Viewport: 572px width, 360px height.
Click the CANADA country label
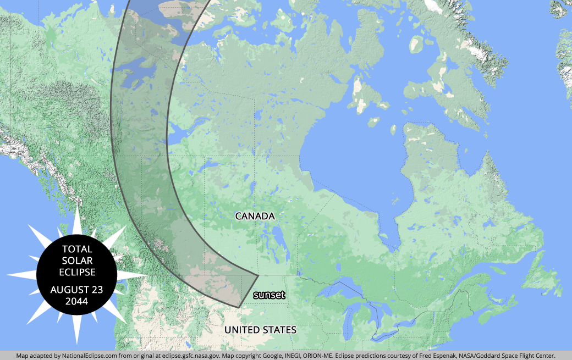[x=255, y=216]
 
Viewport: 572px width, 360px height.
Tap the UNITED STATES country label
[x=260, y=330]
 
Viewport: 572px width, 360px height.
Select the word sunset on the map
[x=269, y=295]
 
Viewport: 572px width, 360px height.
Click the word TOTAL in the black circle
[x=77, y=249]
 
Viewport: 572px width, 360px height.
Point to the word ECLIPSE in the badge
[x=77, y=272]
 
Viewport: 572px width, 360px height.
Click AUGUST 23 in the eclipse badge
[x=77, y=290]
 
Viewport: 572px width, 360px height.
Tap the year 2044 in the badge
[x=77, y=301]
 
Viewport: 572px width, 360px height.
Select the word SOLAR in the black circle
[x=77, y=261]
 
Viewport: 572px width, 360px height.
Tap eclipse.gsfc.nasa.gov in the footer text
[x=190, y=356]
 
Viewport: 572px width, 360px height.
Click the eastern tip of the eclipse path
[x=258, y=274]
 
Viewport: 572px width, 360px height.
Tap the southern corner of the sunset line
[x=239, y=306]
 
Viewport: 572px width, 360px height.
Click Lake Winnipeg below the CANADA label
[x=274, y=236]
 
